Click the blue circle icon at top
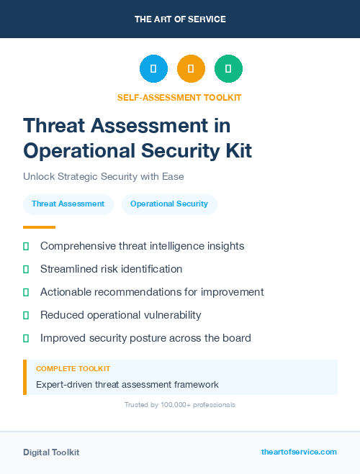153,69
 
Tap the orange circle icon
191,69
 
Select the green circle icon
228,69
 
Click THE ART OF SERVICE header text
180,19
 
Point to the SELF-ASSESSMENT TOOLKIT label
179,98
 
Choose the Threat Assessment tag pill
68,204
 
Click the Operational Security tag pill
169,204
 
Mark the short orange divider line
39,227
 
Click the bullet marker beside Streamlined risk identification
26,269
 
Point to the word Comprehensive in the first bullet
76,246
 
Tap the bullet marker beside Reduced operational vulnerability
26,315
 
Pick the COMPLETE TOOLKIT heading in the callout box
73,369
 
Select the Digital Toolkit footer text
51,452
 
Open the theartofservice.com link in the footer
299,452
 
